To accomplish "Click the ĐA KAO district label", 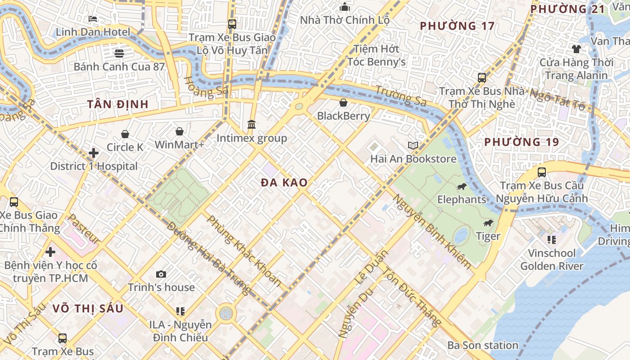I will coord(284,182).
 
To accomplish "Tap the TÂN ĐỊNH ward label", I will coord(117,104).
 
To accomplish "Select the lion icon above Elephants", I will coord(461,187).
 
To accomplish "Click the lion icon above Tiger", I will coord(488,224).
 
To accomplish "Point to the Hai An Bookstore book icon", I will coord(413,145).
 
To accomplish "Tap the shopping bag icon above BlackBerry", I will coord(343,103).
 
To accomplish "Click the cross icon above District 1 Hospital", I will coord(94,153).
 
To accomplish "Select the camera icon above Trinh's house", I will coord(161,274).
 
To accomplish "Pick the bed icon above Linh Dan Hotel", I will coord(93,19).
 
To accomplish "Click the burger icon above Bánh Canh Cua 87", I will coord(119,54).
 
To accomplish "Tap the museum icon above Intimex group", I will coord(252,124).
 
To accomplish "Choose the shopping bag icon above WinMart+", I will coord(180,131).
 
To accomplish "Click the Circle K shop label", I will coord(125,147).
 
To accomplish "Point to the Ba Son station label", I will coord(482,345).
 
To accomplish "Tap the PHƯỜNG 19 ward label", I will coord(522,142).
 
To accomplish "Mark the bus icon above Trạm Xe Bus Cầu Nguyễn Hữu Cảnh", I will coord(542,172).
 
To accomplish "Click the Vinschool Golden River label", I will coord(551,260).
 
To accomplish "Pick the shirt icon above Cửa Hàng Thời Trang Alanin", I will coord(576,49).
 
